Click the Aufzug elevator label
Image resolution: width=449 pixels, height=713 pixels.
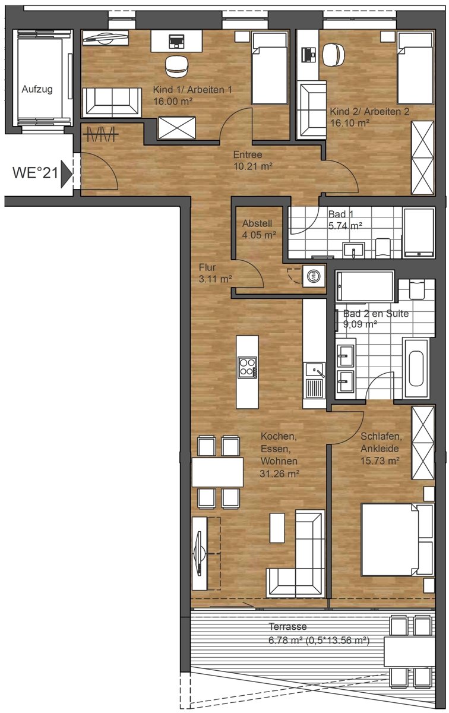click(37, 90)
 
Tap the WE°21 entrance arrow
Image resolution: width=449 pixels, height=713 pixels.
click(66, 173)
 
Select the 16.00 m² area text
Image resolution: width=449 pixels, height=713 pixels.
click(173, 102)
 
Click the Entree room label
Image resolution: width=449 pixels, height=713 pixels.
click(248, 154)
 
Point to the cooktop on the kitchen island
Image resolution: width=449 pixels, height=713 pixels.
click(247, 367)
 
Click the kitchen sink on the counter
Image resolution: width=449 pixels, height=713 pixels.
click(315, 371)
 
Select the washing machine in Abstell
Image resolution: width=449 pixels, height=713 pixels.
click(314, 276)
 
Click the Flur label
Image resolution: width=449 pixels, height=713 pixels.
click(207, 267)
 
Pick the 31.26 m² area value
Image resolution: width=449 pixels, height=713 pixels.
click(279, 474)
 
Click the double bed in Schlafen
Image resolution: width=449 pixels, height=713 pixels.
click(398, 540)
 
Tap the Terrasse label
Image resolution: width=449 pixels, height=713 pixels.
click(287, 627)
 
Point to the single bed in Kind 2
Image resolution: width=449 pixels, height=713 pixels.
click(416, 68)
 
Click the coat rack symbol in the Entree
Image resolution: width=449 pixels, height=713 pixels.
click(100, 135)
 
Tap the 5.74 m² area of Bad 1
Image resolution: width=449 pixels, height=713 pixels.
click(345, 226)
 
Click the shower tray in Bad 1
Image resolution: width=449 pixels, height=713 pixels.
click(419, 232)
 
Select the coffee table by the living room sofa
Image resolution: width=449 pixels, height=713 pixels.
click(277, 528)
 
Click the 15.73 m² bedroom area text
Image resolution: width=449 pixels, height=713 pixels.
click(380, 460)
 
